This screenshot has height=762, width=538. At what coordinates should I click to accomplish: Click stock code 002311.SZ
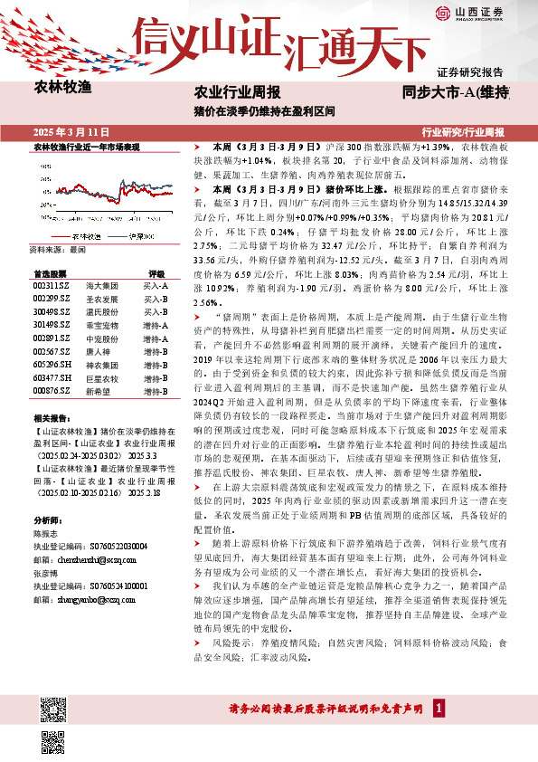(x=50, y=286)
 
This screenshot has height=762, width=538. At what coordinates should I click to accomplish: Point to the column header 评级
(x=130, y=273)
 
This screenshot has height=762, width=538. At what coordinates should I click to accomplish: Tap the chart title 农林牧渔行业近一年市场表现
(x=87, y=147)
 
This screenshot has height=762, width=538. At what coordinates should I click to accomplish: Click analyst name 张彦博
(x=45, y=573)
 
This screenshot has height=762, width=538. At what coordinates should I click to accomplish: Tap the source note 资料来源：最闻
(x=57, y=248)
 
